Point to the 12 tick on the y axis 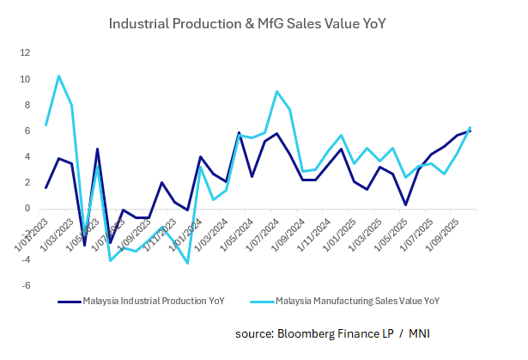click(x=25, y=53)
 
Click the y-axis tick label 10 click(x=25, y=79)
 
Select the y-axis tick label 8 click(x=27, y=106)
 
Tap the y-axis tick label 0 click(x=27, y=209)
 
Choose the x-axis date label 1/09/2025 click(x=433, y=231)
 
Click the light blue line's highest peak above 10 click(x=58, y=76)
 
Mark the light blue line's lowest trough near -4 click(x=187, y=263)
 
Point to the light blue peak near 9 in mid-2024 click(x=276, y=91)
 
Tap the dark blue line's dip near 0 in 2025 click(x=405, y=204)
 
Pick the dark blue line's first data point click(x=46, y=187)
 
